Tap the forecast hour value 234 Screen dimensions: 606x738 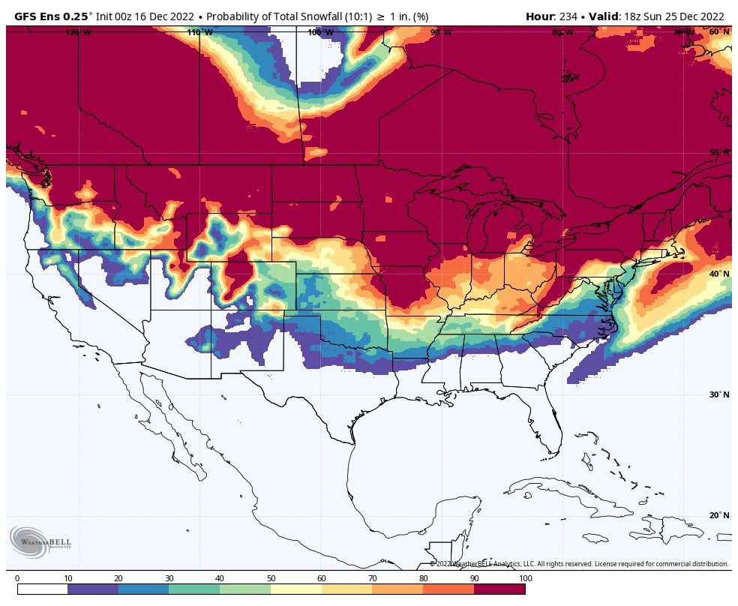[x=568, y=16]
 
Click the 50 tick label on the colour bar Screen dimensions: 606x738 [x=271, y=578]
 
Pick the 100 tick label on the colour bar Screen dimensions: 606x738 [x=525, y=578]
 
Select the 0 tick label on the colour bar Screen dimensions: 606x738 [x=17, y=578]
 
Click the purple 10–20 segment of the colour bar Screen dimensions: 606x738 [x=93, y=589]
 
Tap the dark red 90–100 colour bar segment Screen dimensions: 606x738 [x=499, y=589]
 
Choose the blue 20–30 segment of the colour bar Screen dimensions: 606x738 [x=143, y=589]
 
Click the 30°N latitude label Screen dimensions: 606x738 [x=718, y=394]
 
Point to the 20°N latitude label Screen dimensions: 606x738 [x=718, y=515]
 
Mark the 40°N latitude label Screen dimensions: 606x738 [x=718, y=274]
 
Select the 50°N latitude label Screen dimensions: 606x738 [x=718, y=152]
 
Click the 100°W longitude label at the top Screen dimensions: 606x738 [x=320, y=32]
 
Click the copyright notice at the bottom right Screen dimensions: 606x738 [x=578, y=564]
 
